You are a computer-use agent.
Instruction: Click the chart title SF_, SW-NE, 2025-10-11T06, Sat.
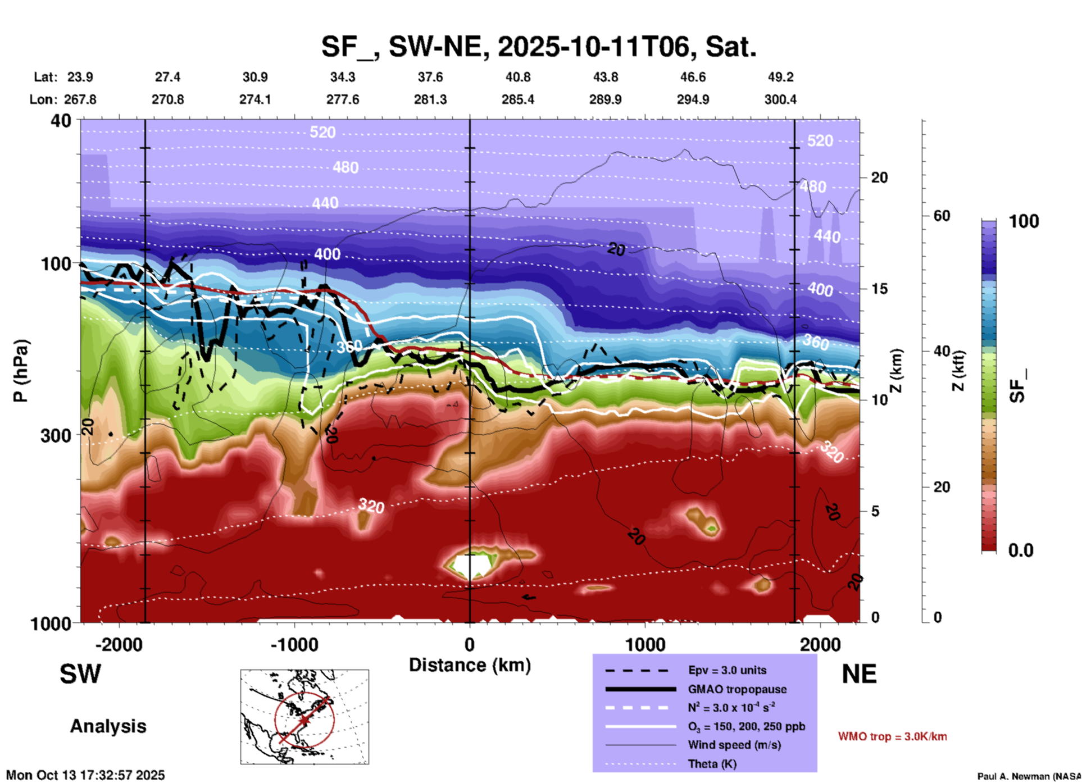tap(539, 47)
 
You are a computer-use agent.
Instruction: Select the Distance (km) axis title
tap(470, 665)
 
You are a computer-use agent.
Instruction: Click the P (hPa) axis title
tap(21, 371)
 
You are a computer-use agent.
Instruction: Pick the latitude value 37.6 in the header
tap(430, 77)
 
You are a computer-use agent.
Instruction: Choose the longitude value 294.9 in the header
tap(693, 99)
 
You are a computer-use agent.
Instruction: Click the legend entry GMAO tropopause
tap(737, 689)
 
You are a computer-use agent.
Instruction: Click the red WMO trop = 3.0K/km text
tap(892, 736)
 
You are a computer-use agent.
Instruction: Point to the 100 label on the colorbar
tap(1024, 221)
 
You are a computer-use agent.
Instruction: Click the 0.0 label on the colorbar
tap(1021, 550)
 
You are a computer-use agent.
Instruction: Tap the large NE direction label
tap(859, 674)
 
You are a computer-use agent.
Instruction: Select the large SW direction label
tap(80, 674)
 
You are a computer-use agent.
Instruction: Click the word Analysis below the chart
tap(108, 726)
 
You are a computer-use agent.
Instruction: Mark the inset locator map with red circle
tap(304, 717)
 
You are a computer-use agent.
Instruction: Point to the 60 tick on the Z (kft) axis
tap(942, 216)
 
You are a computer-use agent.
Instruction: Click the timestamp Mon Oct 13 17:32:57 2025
tap(85, 775)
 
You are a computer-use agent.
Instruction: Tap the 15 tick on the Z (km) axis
tap(879, 289)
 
